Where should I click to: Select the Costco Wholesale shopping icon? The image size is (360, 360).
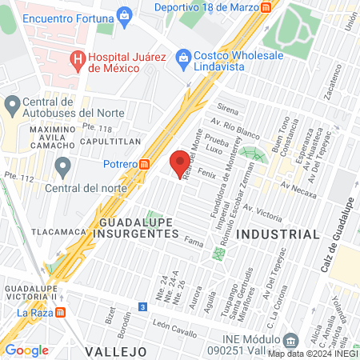[184, 57]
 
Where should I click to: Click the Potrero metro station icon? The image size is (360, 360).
[144, 164]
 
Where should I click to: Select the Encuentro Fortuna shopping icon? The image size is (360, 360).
[124, 15]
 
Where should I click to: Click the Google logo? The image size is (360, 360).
[26, 350]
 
